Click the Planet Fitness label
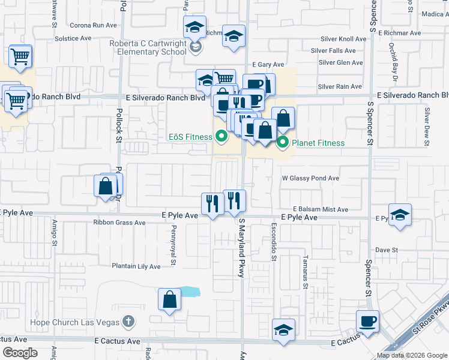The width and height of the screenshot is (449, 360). [x=318, y=143]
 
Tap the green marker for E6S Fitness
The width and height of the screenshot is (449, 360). [x=221, y=137]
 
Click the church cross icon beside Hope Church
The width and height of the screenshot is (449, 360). [x=127, y=322]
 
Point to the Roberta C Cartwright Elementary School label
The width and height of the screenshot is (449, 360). [x=148, y=47]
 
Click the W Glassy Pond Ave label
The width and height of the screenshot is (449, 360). [x=310, y=178]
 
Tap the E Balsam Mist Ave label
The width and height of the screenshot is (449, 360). [x=321, y=209]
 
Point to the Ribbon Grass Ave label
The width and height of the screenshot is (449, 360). [x=119, y=223]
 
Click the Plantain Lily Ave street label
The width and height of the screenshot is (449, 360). [x=136, y=266]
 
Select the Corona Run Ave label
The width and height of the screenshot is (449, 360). [x=93, y=25]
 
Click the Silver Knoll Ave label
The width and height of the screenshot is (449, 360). [x=343, y=38]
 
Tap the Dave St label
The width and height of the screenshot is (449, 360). [x=387, y=250]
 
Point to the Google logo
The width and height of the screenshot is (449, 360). [x=20, y=353]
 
